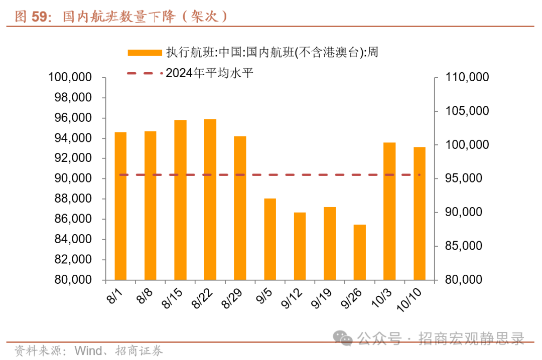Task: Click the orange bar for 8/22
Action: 210,199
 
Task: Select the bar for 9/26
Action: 360,252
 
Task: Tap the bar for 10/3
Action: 389,211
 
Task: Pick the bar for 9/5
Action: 270,239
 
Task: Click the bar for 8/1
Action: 120,206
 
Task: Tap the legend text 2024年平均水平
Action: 209,73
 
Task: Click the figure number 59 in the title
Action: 40,17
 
